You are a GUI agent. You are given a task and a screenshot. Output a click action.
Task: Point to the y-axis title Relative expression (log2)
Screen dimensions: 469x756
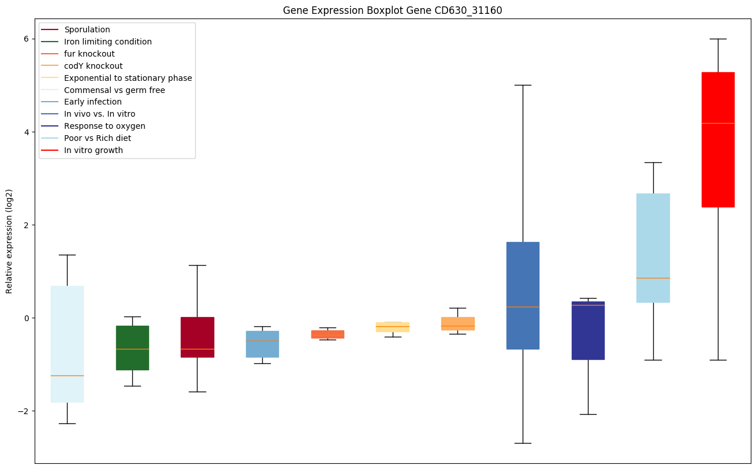click(9, 241)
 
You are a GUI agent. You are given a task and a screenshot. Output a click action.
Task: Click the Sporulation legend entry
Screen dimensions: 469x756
click(87, 29)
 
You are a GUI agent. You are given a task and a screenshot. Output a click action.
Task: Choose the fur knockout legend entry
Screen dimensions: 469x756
click(90, 54)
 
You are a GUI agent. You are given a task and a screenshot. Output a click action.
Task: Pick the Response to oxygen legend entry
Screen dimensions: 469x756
click(105, 126)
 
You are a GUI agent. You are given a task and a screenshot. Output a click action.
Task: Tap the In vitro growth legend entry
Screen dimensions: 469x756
click(94, 150)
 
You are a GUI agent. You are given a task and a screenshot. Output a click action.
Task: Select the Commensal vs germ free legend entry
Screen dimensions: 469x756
click(114, 90)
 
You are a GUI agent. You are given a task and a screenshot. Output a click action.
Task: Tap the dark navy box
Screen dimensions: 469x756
click(588, 335)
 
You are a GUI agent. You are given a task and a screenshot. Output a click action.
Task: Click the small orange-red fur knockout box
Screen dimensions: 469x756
click(327, 333)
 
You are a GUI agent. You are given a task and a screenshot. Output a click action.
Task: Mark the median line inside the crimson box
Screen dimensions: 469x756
click(198, 349)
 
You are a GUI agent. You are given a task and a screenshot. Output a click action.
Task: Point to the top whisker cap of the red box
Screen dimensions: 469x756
click(718, 39)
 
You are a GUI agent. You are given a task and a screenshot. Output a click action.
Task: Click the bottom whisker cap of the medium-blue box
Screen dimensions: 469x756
click(523, 443)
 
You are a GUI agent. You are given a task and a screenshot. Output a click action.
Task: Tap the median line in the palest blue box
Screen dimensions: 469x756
click(67, 375)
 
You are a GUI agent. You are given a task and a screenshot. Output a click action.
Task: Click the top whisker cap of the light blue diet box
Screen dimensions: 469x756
click(653, 162)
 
